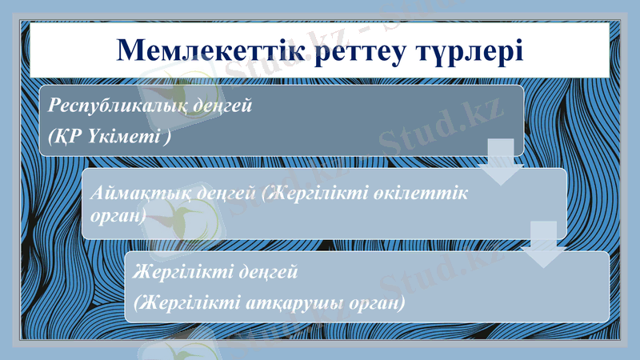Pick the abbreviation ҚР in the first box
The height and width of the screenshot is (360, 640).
point(63,136)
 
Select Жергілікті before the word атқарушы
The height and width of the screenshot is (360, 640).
point(189,303)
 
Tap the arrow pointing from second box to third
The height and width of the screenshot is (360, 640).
point(544,245)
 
